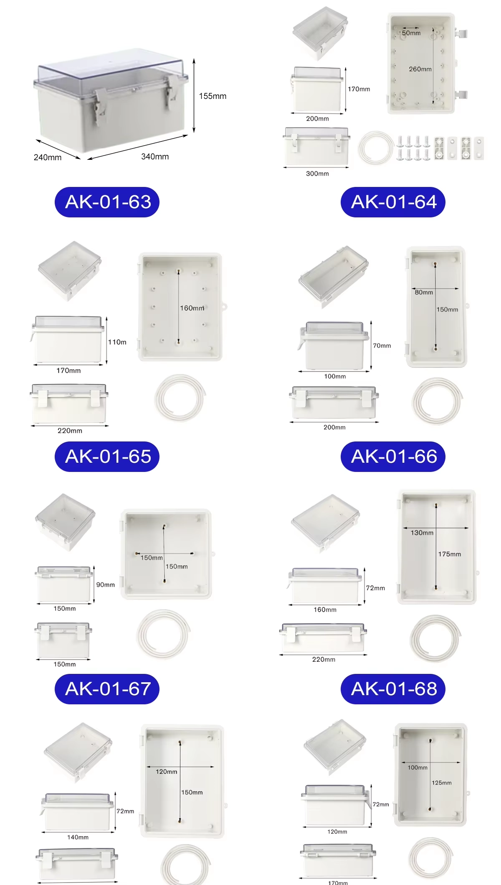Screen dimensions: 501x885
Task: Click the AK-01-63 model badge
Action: point(107,202)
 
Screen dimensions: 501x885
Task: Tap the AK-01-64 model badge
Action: point(393,202)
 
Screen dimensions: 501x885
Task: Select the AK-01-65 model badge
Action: point(107,456)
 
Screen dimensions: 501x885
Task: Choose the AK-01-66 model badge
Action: point(393,456)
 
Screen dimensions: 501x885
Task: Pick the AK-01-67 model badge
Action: point(107,689)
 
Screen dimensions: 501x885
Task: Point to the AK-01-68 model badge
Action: point(393,689)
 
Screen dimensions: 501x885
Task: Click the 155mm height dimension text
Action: point(213,96)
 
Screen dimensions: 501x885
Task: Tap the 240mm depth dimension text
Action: point(48,157)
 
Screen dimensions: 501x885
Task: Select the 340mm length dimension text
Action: point(155,156)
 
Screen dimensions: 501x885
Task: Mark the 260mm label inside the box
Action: point(420,69)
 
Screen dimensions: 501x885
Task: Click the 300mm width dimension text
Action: point(317,174)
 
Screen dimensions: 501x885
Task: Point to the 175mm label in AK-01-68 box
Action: point(450,554)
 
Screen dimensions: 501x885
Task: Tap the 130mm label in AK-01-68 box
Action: point(422,533)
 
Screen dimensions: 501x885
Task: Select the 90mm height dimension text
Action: point(106,585)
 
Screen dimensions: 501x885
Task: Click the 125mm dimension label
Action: point(442,783)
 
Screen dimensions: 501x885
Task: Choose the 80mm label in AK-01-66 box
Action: point(424,292)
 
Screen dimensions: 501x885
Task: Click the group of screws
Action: point(413,148)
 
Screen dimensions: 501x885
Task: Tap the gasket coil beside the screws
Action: point(376,148)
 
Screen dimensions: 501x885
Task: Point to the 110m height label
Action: point(117,342)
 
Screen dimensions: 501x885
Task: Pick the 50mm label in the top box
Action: point(411,33)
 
